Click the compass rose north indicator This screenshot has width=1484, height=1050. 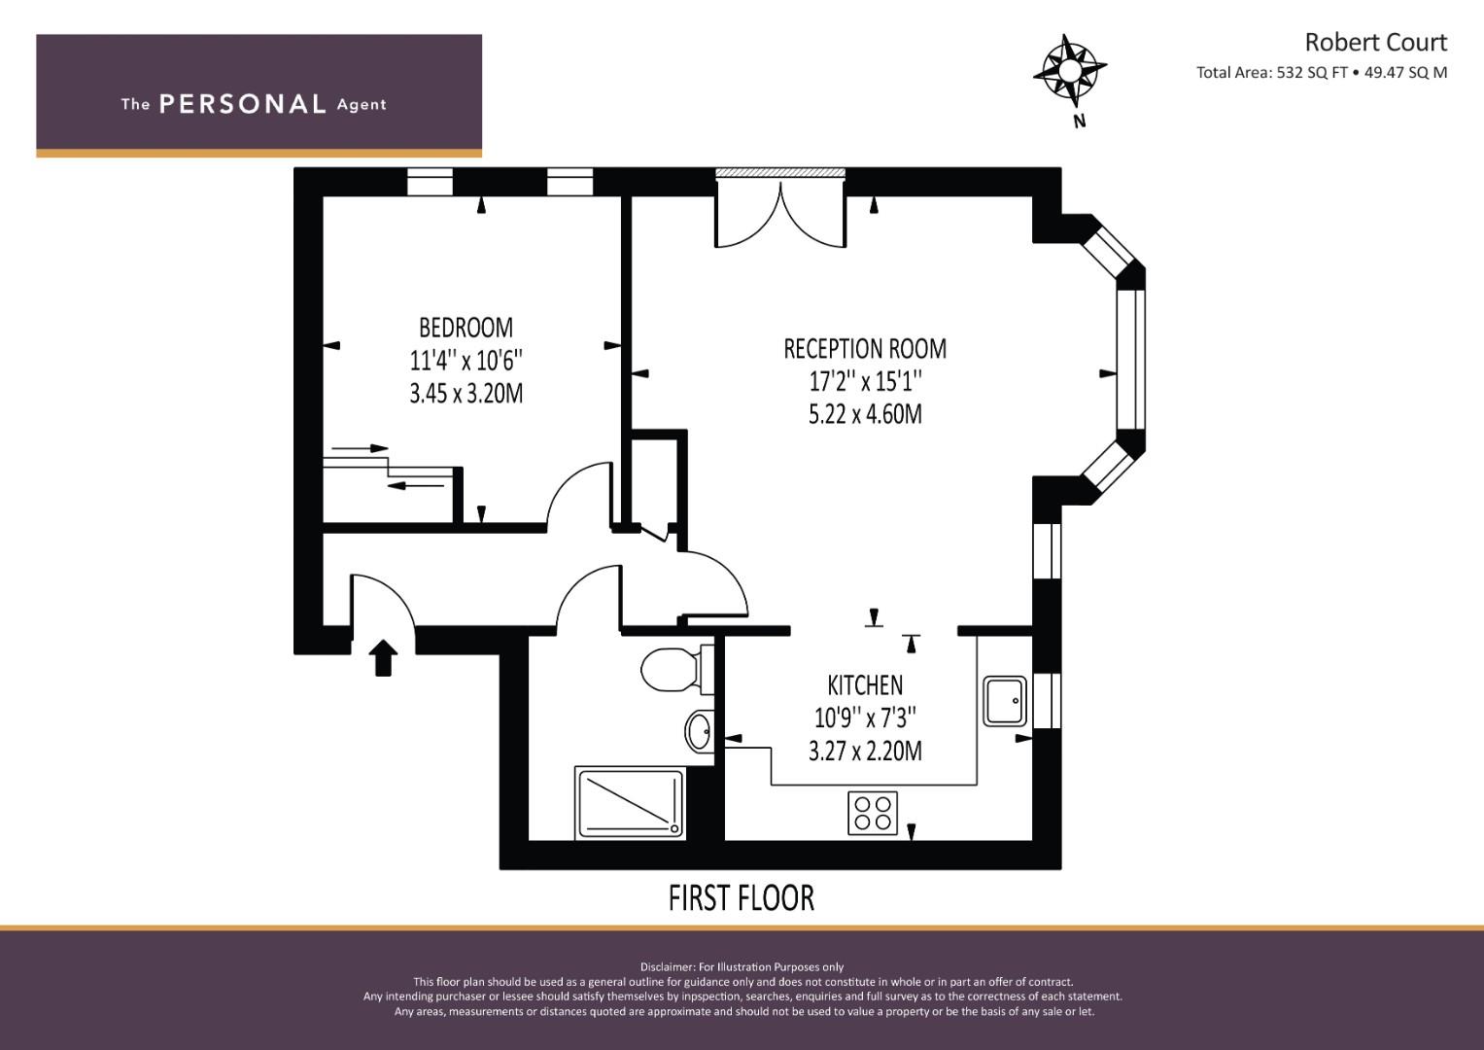(1069, 73)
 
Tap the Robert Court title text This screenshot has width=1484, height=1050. (1374, 43)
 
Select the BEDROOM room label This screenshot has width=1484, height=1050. (466, 328)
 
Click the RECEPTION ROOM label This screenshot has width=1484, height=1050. (864, 348)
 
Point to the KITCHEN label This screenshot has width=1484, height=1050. (864, 684)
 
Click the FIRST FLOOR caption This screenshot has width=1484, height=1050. (741, 897)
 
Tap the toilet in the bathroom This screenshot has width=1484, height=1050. (670, 669)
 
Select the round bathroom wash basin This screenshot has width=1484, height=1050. (699, 731)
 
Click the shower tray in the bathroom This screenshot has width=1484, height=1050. (630, 803)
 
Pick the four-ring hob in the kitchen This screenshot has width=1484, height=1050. (872, 813)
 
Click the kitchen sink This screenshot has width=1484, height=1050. (1005, 701)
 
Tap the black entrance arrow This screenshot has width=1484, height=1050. (384, 657)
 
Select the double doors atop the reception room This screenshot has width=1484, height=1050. (780, 214)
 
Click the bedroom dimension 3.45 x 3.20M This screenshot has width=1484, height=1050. (466, 394)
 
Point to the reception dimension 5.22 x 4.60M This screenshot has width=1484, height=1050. (864, 414)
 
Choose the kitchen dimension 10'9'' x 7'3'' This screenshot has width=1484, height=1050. (864, 717)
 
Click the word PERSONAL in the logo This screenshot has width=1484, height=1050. (242, 104)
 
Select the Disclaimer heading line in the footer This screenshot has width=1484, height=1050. (742, 966)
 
